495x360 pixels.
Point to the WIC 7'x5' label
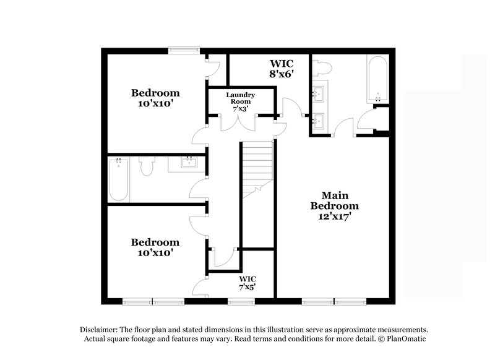(x=247, y=283)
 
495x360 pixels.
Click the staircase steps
(x=256, y=164)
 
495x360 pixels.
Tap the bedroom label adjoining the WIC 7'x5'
(x=155, y=247)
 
